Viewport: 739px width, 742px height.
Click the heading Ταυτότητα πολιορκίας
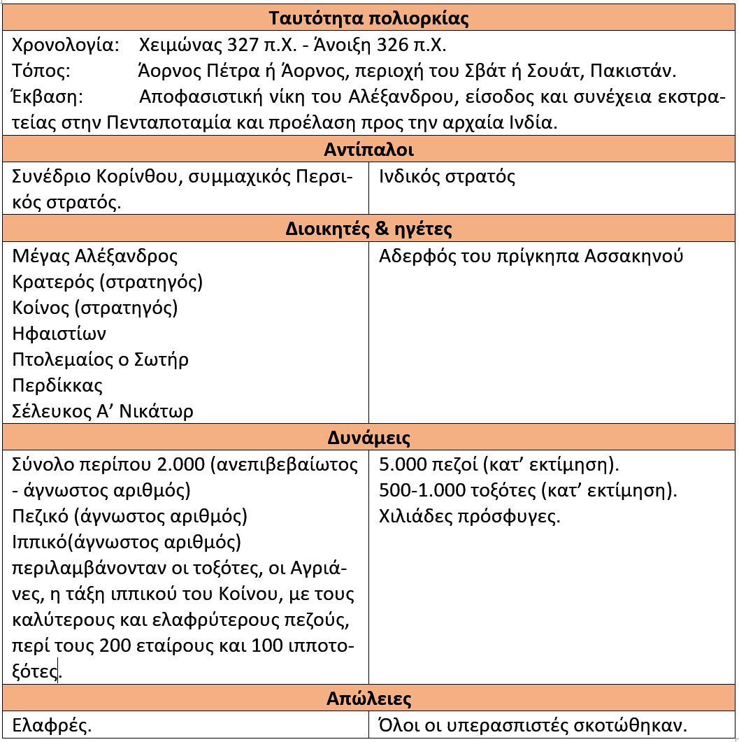click(369, 18)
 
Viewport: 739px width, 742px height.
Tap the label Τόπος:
click(41, 71)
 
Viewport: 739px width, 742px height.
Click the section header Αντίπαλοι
click(369, 150)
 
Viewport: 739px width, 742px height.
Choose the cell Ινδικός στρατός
click(447, 176)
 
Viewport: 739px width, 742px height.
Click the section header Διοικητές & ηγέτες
click(369, 229)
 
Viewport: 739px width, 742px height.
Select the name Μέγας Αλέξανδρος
click(95, 256)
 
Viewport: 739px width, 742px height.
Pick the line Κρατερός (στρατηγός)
click(108, 282)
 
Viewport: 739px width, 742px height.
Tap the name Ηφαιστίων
click(59, 334)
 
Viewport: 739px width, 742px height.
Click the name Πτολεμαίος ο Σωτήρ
click(101, 359)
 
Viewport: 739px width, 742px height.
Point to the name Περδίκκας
click(57, 385)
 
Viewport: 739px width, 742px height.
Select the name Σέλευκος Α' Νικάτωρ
click(103, 411)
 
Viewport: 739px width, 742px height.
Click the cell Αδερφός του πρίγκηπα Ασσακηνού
click(531, 256)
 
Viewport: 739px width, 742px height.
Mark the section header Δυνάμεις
click(369, 438)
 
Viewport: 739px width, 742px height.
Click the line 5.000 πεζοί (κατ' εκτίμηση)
click(499, 464)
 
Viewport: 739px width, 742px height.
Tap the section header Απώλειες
click(369, 699)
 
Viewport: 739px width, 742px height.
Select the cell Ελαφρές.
click(52, 725)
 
